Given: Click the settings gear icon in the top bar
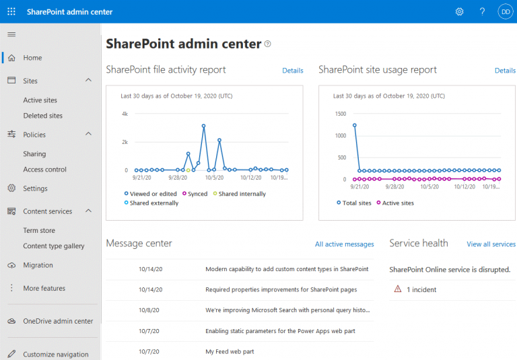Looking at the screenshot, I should (x=460, y=11).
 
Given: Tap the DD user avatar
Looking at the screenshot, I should (x=505, y=11).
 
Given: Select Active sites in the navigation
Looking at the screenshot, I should (x=40, y=100).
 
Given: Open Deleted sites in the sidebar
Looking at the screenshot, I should (x=42, y=116).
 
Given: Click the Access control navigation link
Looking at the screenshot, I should (x=44, y=170).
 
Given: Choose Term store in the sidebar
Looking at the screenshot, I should (x=39, y=230).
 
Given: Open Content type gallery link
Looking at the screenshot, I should (x=54, y=246).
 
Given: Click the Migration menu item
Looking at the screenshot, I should (x=38, y=265).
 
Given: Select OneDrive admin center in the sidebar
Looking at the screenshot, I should (x=58, y=321).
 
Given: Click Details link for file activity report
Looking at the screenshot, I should (x=293, y=70).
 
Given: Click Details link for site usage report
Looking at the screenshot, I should (x=505, y=70).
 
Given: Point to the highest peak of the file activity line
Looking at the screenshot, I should (x=203, y=126).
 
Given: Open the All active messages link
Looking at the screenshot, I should (x=344, y=244).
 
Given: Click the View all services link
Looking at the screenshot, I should (x=491, y=244).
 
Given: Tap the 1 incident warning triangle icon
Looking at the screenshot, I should (x=398, y=289).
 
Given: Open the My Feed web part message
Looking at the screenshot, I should (x=230, y=351).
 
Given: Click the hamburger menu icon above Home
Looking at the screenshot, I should (x=11, y=34).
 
